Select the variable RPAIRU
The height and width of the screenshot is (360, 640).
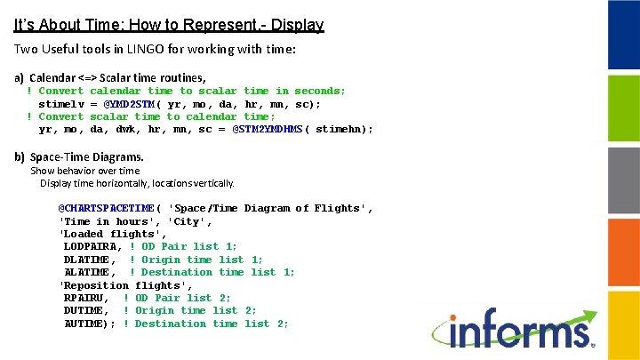click(x=85, y=298)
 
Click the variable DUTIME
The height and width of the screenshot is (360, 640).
click(x=85, y=310)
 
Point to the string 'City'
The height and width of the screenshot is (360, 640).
click(x=193, y=221)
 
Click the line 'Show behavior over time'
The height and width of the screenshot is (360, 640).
click(x=85, y=171)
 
